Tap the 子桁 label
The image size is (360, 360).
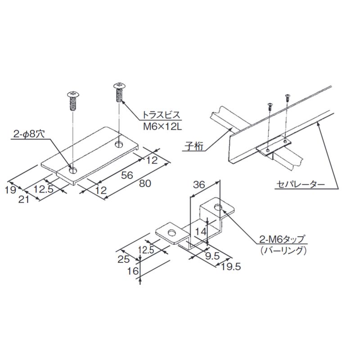point(193,146)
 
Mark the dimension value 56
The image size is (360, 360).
point(127,175)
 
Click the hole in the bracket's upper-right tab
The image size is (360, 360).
point(218,207)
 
